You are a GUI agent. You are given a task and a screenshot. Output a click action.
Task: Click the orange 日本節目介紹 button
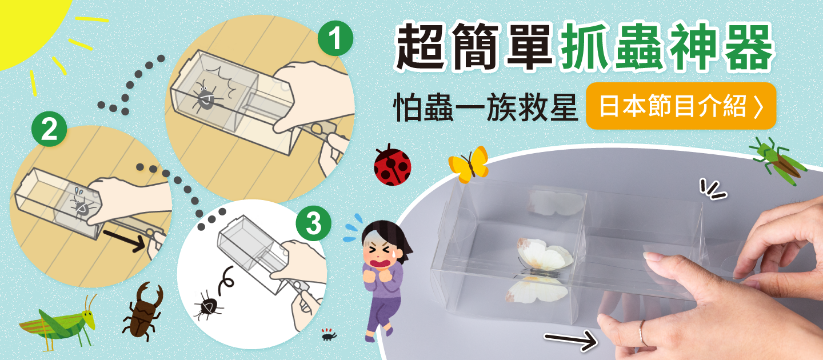pos(681,106)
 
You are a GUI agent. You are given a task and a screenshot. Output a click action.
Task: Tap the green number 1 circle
pos(335,39)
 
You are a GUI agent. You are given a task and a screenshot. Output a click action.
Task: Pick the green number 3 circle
pos(313,224)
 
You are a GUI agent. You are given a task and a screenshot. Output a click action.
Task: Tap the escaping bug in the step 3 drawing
pos(205,306)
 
